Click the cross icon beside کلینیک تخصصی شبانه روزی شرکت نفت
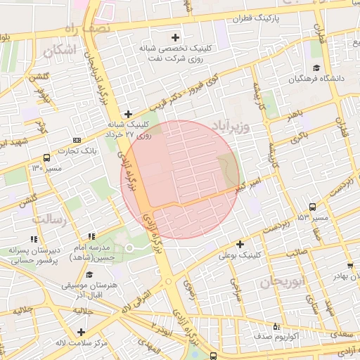[176, 37]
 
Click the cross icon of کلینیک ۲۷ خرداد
[128, 113]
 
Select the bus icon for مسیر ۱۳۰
[46, 157]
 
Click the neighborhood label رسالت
[50, 220]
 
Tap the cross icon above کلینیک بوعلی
[240, 244]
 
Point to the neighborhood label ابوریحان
[281, 281]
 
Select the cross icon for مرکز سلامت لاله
[82, 332]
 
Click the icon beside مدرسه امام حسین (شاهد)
[91, 237]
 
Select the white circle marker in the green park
[129, 248]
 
